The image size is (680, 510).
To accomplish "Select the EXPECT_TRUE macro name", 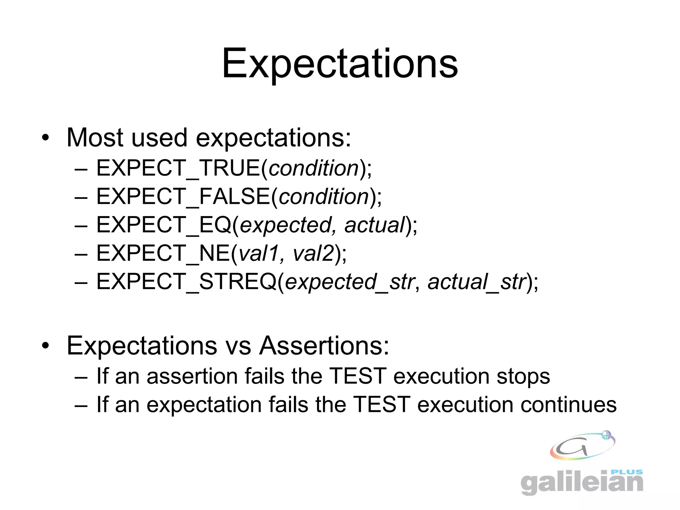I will click(x=178, y=168).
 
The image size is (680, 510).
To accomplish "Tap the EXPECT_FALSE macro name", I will click(x=183, y=196).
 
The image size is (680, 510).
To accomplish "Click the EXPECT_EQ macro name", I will click(x=164, y=225).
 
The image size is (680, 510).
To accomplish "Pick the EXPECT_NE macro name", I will click(x=163, y=253).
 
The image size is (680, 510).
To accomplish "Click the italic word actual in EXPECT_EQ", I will click(x=375, y=225).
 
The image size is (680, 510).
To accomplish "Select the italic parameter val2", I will click(x=313, y=253).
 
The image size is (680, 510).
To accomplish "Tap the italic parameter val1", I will click(x=258, y=253).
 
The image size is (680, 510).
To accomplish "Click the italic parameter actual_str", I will click(x=477, y=282).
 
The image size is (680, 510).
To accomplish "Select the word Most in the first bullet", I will click(x=94, y=137).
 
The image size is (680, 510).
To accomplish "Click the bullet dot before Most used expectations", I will click(x=45, y=138).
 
